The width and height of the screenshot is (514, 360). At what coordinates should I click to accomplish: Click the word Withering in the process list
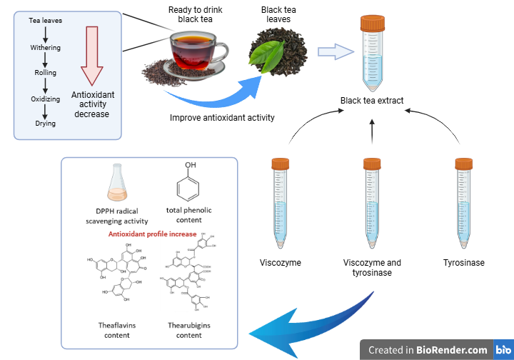[46, 48]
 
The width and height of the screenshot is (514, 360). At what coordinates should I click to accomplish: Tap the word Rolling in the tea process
[46, 73]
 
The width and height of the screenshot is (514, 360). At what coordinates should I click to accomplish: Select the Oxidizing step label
[46, 99]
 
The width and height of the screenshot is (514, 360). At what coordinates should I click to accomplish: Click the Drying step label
[46, 124]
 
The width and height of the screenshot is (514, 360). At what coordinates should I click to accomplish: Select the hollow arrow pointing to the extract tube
[336, 51]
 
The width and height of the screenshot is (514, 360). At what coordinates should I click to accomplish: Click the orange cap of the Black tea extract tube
[372, 24]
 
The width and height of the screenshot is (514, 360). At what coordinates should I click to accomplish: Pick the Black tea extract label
[372, 101]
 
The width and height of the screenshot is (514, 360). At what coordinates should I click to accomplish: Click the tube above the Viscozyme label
[280, 204]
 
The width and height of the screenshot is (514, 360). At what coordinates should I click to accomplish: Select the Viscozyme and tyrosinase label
[372, 267]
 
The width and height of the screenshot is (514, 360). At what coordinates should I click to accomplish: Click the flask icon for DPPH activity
[118, 184]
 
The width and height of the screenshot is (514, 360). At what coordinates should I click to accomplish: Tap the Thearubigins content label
[189, 330]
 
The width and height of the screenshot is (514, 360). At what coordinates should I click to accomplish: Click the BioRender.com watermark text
[428, 350]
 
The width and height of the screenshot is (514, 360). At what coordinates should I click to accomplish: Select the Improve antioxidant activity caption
[222, 118]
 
